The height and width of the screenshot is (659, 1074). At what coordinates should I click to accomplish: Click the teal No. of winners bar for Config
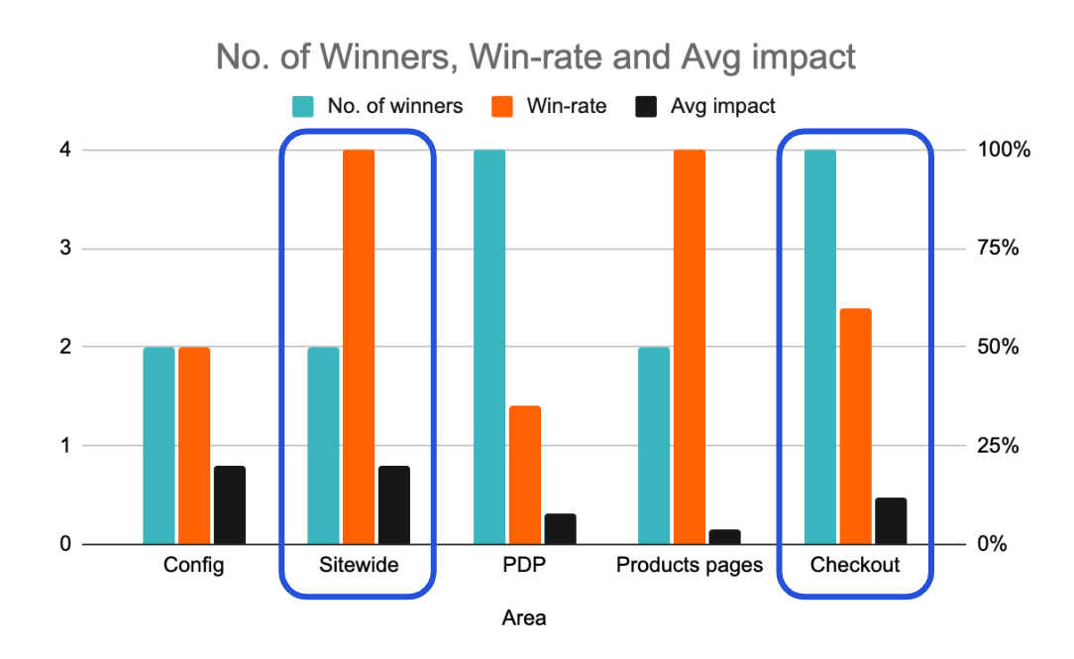159,445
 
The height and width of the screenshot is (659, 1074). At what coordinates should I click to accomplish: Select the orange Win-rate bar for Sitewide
359,347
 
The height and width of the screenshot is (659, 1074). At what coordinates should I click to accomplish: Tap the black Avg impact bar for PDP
560,528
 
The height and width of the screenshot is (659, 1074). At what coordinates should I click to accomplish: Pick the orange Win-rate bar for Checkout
855,426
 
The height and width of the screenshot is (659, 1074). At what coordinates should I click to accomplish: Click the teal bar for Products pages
654,445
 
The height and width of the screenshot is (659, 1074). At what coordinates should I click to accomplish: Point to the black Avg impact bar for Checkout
891,520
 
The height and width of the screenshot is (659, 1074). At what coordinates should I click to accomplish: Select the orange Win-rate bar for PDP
525,475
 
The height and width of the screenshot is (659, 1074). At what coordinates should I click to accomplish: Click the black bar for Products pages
724,536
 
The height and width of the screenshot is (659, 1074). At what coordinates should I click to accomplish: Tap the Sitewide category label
359,566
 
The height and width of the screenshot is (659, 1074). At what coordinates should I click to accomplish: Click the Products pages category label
690,566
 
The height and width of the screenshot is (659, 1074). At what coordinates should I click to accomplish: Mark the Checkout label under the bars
855,566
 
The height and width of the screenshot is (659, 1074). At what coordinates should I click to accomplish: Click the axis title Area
523,618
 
